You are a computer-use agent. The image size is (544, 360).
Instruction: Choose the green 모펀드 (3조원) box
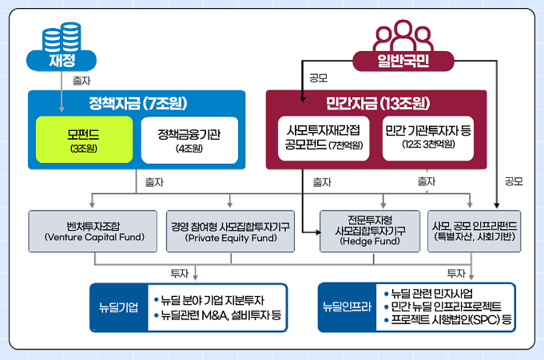(83, 140)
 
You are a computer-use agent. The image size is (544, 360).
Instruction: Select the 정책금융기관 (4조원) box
(189, 140)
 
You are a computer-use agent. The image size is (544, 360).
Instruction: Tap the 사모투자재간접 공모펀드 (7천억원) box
(323, 138)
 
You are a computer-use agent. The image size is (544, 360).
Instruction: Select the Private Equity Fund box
(229, 231)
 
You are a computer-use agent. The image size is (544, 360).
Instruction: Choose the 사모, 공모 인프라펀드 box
(474, 231)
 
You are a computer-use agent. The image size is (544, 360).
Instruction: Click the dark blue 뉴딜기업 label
(120, 307)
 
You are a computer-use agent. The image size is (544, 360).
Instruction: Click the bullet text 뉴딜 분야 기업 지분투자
(213, 299)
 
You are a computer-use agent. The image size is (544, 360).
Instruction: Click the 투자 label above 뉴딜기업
(180, 273)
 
